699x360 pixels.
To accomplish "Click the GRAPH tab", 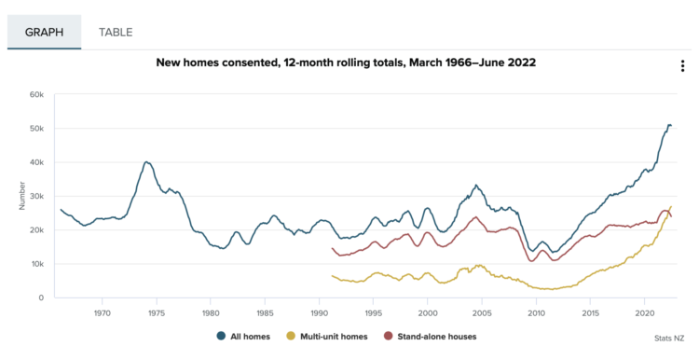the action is coord(44,32).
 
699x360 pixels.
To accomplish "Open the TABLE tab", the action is coord(116,32).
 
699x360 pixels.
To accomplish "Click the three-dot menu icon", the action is coord(682,66).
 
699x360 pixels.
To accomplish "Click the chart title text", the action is coord(346,62).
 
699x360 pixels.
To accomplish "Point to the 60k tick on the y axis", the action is coord(36,94).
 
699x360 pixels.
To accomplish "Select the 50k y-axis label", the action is coord(36,129).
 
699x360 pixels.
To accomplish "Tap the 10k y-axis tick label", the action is coord(36,264).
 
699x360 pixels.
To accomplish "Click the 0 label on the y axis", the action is coord(41,298).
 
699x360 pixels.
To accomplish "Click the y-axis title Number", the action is coord(21,196).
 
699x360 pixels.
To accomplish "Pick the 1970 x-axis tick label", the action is coord(103,313).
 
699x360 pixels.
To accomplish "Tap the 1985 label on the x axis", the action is coord(265,313).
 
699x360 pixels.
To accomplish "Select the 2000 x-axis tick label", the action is coord(428,313).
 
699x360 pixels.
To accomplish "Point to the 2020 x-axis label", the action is coord(645,313).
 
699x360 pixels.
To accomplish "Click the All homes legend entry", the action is coord(243,337).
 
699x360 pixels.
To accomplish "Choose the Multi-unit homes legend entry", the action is coord(327,337).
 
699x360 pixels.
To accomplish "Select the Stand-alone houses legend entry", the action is coord(431,337).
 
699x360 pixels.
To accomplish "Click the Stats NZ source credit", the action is coord(669,339).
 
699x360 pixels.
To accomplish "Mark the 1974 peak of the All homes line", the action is coord(146,162).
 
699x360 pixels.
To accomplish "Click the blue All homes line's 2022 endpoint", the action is coord(671,125).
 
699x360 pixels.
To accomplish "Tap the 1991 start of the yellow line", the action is coord(332,276).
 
